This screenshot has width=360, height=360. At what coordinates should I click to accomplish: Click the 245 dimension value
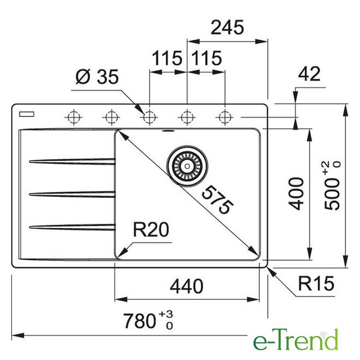[227, 28]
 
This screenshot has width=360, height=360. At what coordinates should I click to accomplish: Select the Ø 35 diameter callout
[97, 76]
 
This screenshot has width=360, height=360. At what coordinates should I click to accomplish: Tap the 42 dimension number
[309, 74]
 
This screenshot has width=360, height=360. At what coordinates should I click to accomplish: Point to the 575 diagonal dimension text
[218, 200]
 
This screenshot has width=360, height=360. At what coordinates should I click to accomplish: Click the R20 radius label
[151, 229]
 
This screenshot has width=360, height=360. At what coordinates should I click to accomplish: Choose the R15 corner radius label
[316, 283]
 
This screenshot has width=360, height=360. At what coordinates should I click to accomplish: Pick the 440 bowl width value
[186, 286]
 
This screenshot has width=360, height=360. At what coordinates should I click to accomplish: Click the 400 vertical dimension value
[296, 193]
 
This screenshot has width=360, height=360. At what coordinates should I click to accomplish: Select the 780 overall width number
[139, 321]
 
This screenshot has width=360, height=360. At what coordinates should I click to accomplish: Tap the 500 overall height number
[332, 193]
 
